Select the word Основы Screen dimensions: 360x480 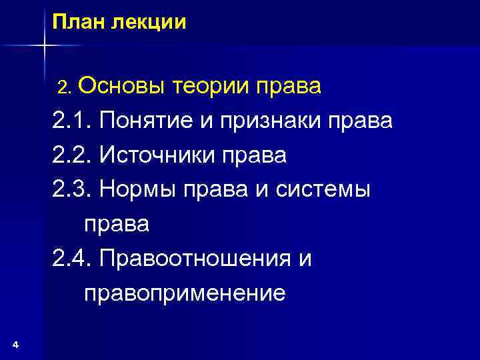(x=123, y=87)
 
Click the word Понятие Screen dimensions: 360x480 (x=149, y=121)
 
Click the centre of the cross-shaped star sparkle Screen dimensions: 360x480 (x=44, y=45)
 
